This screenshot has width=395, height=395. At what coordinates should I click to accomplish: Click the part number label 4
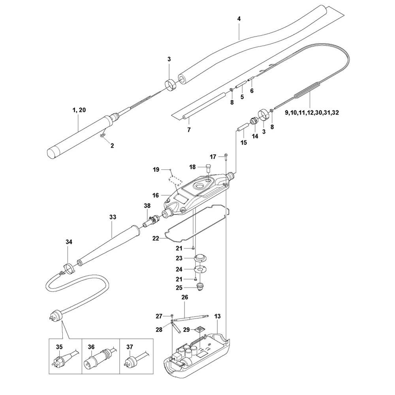tap(239, 19)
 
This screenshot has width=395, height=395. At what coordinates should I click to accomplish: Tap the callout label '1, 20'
tap(79, 110)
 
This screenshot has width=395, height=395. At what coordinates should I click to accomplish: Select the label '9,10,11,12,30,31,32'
tap(312, 113)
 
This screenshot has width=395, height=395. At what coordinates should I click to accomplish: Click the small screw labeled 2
tap(102, 136)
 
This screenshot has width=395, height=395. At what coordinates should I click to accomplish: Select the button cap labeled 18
tap(208, 167)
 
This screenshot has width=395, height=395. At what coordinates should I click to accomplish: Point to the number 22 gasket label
tap(156, 238)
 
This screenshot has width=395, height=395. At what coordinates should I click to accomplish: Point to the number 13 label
tap(217, 316)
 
